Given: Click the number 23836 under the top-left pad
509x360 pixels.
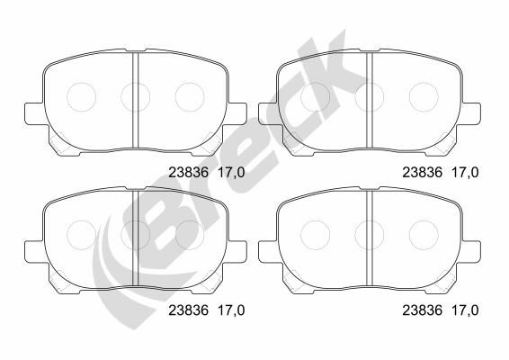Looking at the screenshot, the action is click(188, 173).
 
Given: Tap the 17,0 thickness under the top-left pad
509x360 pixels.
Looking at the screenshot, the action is click(231, 173).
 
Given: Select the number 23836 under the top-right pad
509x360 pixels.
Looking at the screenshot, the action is click(423, 173).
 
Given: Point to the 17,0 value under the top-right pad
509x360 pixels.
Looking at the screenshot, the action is click(465, 173).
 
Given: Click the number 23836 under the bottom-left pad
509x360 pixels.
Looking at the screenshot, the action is click(188, 310).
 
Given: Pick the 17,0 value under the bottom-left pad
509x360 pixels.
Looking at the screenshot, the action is click(231, 310).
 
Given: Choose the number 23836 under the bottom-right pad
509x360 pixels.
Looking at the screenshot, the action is click(423, 310).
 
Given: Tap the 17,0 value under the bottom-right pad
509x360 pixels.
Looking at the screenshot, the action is click(465, 310).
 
